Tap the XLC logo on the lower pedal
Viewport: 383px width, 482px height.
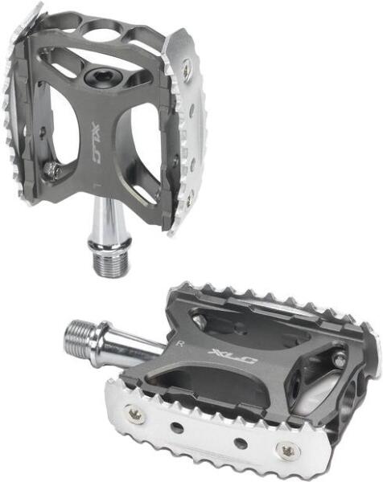(x=233, y=357)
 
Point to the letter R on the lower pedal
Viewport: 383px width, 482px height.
(x=181, y=343)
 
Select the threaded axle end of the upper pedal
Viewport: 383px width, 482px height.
(x=109, y=264)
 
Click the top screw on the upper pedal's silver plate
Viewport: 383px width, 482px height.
(x=186, y=64)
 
